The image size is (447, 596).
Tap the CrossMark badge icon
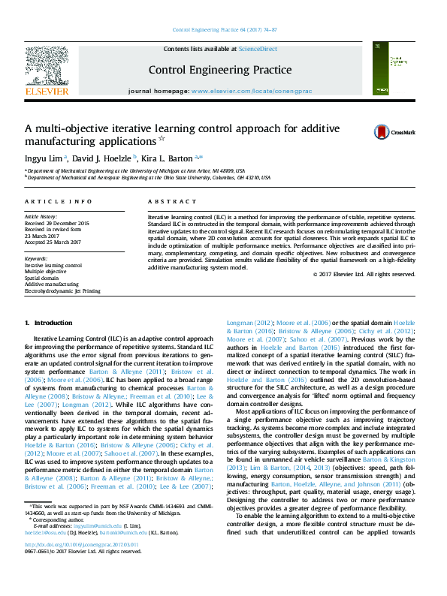click(x=382, y=132)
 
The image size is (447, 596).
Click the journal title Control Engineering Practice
click(x=220, y=71)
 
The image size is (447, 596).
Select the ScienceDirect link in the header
click(x=257, y=49)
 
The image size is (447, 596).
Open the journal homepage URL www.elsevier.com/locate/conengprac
click(x=252, y=90)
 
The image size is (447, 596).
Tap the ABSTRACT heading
click(x=166, y=203)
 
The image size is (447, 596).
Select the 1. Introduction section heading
click(x=48, y=323)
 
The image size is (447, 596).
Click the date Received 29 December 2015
click(x=57, y=223)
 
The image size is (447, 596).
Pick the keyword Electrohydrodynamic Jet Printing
click(x=62, y=290)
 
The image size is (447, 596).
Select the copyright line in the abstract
click(x=364, y=274)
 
